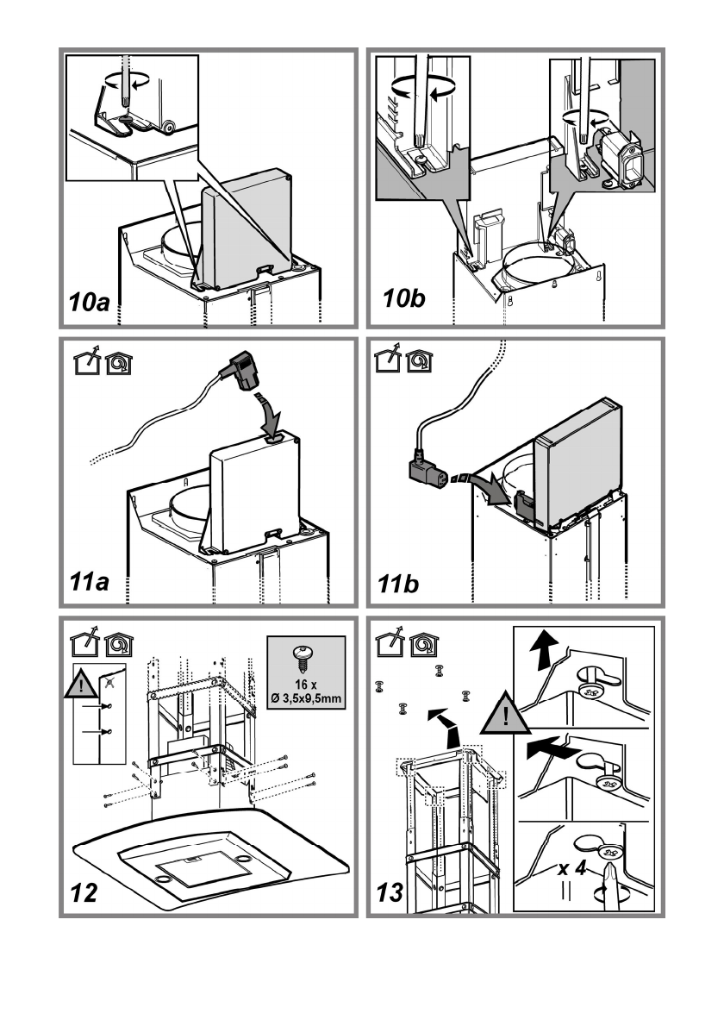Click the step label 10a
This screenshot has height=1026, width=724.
coord(89,302)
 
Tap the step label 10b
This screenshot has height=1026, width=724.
coord(404,298)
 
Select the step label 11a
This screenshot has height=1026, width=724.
coord(89,582)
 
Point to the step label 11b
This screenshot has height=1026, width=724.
coord(397,583)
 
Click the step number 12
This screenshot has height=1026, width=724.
coord(83,892)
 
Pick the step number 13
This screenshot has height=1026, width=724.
coord(390,892)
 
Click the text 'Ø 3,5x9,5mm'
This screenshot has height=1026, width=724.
coord(306,699)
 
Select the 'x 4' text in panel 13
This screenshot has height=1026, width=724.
coord(571,868)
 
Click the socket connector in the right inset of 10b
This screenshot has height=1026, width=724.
coord(620,156)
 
